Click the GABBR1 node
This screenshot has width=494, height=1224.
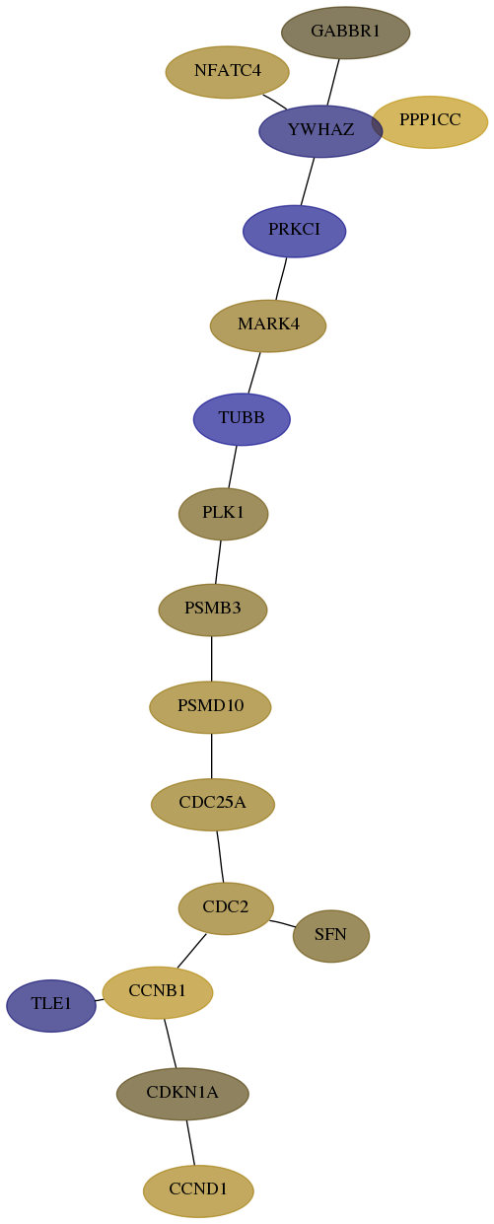coord(345,33)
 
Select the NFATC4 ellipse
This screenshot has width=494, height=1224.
coord(228,72)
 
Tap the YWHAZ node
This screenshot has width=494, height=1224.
coord(320,131)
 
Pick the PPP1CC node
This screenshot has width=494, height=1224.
coord(430,122)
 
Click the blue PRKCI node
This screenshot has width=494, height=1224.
coord(294,231)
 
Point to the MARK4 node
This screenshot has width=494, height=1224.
coord(268,325)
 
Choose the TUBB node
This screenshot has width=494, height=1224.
coord(242,419)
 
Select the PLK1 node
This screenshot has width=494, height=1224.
coord(224,514)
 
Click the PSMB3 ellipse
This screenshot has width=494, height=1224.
coord(213,610)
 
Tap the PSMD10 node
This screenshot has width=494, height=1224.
coord(210,707)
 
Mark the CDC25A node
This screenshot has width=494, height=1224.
coord(213,805)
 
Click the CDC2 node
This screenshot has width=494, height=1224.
coord(226,908)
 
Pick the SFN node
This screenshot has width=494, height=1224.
coord(331,936)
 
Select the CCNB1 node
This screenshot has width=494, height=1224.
coord(158,992)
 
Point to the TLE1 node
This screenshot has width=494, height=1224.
coord(51,1005)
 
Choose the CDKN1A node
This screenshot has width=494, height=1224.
coord(182,1094)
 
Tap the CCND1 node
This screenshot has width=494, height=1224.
coord(198,1191)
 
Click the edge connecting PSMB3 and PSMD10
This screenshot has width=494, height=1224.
coord(211,659)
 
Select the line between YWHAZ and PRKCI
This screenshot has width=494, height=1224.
coord(308,181)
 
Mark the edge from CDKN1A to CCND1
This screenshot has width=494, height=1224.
coord(190,1142)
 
